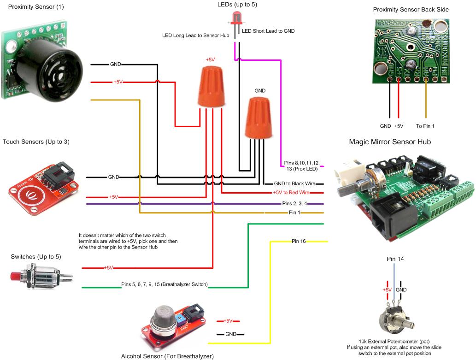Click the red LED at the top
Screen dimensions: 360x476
pos(236,18)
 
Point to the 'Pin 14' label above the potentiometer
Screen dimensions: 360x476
pos(395,260)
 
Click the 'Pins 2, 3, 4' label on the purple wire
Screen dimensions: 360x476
pos(294,203)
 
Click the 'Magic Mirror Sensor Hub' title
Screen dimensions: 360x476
pos(390,142)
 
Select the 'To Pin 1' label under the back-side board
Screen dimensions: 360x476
pos(425,126)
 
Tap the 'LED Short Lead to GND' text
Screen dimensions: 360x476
pos(268,31)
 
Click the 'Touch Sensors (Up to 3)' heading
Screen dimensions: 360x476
pos(36,142)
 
